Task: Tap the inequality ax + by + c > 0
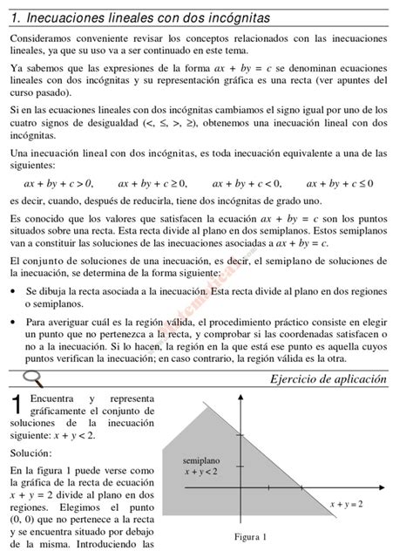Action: [58, 183]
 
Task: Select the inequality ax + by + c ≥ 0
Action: [152, 183]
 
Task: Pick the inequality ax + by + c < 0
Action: [247, 183]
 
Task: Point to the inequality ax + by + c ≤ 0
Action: [340, 183]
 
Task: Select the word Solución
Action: [31, 453]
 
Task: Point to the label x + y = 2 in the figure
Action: [346, 503]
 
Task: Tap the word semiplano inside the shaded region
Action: [201, 459]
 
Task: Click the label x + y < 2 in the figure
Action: [201, 472]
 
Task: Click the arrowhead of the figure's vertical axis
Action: [241, 400]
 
